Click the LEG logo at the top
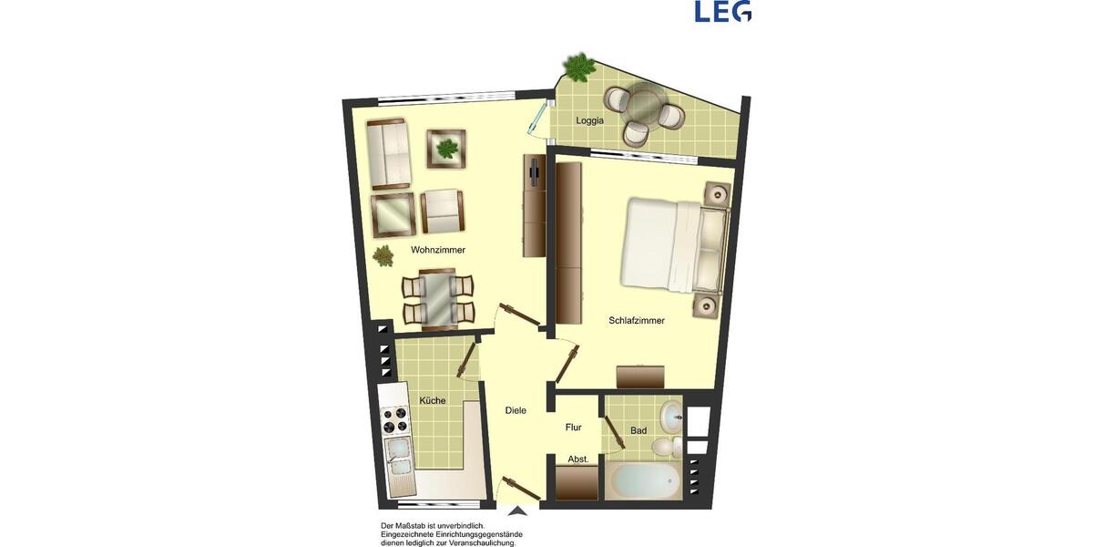tap(722, 11)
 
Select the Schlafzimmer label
tap(637, 320)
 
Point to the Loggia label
tap(590, 121)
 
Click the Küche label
tap(433, 400)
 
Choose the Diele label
tap(516, 410)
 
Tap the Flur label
tap(574, 427)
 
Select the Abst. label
tap(577, 459)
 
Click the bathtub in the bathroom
tap(644, 480)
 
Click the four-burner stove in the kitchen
tap(395, 422)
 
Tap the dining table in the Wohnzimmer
tap(438, 297)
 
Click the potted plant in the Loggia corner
tap(577, 66)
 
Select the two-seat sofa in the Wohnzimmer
tap(390, 153)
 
